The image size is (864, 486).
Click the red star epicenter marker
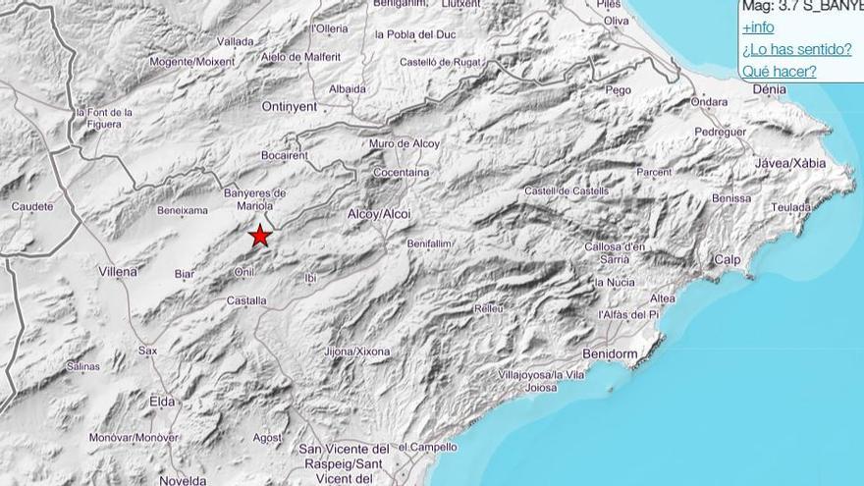(259, 236)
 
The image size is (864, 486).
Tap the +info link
(758, 27)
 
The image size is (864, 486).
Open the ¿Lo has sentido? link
(796, 49)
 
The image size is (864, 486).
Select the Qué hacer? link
(779, 71)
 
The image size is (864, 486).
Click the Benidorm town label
(611, 353)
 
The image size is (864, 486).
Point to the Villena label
(118, 270)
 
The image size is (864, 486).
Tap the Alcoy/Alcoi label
(379, 214)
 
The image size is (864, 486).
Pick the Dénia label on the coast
(769, 89)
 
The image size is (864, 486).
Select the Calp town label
(728, 259)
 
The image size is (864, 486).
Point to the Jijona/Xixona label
(356, 351)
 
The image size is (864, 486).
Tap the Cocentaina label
(401, 173)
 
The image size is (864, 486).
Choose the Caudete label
(32, 207)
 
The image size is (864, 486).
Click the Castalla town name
(246, 300)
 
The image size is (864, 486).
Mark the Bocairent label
(286, 155)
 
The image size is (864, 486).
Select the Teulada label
(791, 207)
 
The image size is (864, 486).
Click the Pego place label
(619, 89)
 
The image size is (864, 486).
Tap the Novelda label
(183, 480)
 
